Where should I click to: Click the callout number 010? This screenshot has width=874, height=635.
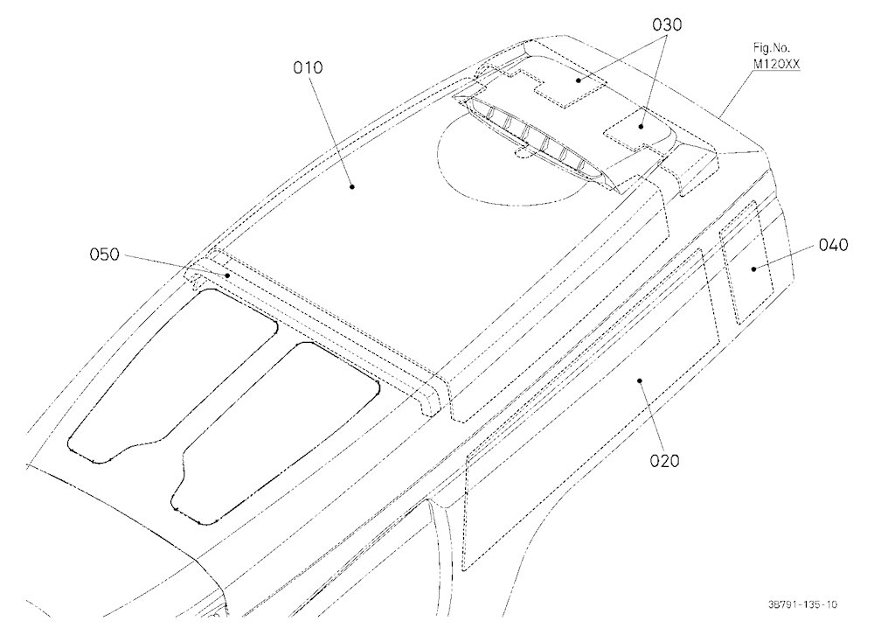308,67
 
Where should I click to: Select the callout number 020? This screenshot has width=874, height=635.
665,461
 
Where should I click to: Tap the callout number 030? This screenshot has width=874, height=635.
667,25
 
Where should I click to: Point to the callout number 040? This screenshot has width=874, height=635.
833,245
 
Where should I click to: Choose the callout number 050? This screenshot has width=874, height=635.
105,255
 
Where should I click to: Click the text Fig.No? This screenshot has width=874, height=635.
772,49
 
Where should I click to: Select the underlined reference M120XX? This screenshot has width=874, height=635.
776,64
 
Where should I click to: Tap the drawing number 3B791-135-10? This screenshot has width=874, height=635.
801,604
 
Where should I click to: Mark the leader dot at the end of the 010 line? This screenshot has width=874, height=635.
351,187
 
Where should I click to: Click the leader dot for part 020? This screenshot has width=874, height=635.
640,380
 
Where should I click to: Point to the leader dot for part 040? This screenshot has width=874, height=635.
753,269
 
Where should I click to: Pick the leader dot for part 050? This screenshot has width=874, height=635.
227,276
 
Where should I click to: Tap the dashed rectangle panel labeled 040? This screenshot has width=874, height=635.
746,262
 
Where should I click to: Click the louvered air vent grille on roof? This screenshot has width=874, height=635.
534,139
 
